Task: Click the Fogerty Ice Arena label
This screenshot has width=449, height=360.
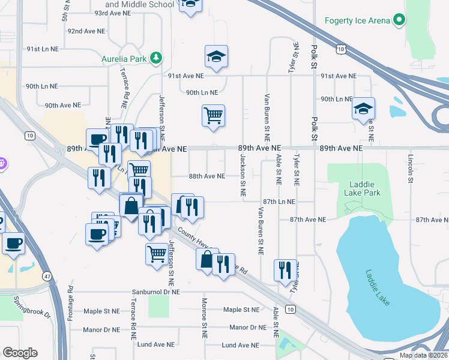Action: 357,20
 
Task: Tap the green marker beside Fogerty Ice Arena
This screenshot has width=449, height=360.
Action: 399,21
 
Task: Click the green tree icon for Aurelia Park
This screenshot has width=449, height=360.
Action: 157,57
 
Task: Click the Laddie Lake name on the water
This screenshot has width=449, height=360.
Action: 378,287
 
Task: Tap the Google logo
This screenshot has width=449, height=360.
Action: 20,353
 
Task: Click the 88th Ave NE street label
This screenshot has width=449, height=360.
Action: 207,176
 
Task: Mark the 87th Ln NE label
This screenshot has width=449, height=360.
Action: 279,202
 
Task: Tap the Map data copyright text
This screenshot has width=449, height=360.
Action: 423,355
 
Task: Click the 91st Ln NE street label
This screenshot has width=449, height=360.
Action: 42,49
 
